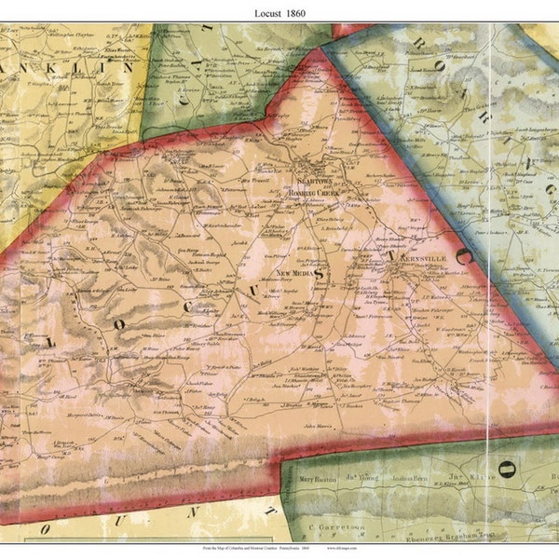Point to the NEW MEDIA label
point(297,272)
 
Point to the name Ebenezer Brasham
point(447,538)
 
